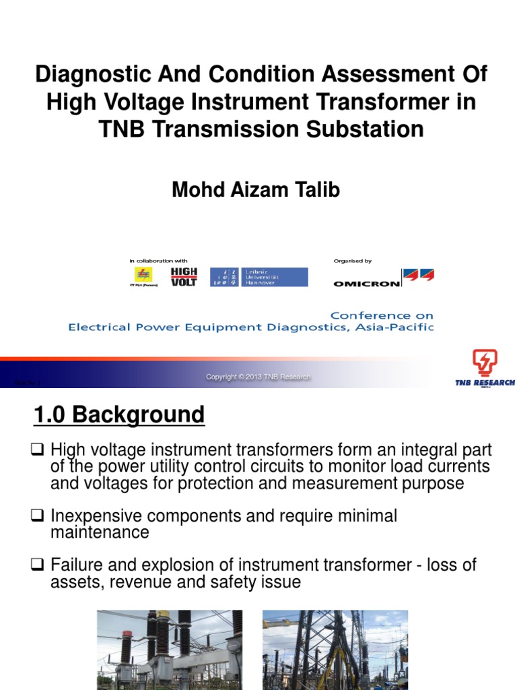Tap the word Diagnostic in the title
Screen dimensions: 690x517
click(x=83, y=74)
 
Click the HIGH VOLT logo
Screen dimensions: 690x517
click(x=184, y=276)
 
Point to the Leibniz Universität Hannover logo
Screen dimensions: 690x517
click(x=259, y=277)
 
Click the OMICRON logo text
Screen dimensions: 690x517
click(x=366, y=283)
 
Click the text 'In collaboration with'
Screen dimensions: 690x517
click(x=158, y=261)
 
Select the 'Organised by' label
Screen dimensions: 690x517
click(x=353, y=261)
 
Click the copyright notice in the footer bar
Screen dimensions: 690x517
click(x=258, y=377)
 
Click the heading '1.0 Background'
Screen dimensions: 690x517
click(x=118, y=414)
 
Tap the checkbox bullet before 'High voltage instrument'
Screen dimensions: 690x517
click(x=39, y=449)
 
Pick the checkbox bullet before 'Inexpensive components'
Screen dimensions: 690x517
click(x=39, y=517)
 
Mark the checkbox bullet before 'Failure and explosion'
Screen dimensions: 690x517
click(x=39, y=565)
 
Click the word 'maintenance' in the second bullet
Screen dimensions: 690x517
click(x=100, y=532)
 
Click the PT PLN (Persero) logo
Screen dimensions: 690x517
click(x=143, y=276)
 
